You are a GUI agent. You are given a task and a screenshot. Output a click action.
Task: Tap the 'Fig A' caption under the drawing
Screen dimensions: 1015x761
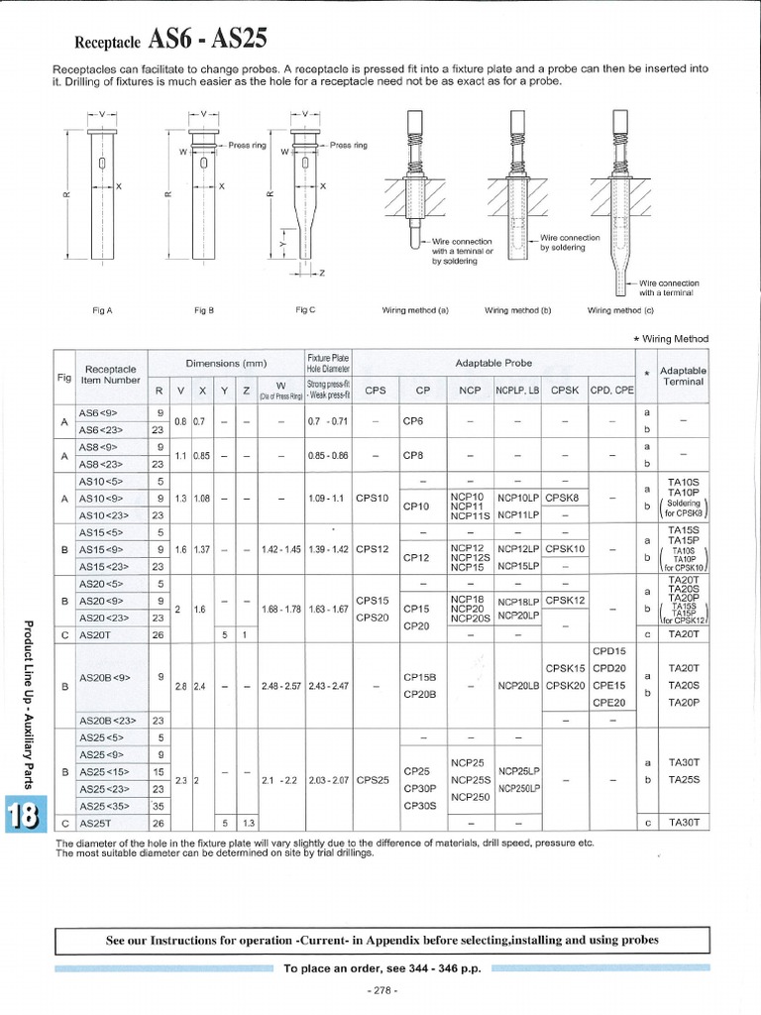(x=102, y=310)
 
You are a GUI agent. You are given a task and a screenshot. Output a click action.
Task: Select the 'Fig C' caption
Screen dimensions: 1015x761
(x=305, y=310)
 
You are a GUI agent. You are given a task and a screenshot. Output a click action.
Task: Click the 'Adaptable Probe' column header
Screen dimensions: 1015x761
(x=492, y=363)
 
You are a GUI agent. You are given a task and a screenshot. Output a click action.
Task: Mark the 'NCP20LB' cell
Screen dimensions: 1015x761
(x=518, y=685)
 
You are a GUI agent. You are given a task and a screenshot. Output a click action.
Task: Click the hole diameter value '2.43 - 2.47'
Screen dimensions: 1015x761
(x=328, y=685)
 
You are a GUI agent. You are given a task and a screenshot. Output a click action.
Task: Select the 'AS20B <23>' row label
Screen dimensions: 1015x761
(x=112, y=721)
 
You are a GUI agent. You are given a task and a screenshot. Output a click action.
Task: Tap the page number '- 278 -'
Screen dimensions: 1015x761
(x=381, y=991)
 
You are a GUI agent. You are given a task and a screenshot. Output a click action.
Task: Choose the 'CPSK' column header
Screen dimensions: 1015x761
(x=565, y=391)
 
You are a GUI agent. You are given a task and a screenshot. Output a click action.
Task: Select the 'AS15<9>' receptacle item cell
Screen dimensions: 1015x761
(x=101, y=548)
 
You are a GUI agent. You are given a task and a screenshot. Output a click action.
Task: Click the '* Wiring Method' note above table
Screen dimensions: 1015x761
(x=671, y=339)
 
